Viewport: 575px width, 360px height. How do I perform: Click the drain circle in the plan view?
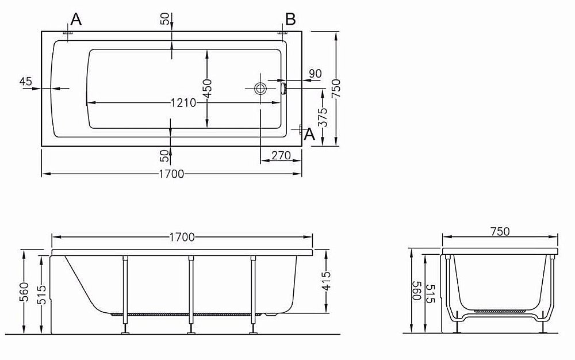click(x=260, y=89)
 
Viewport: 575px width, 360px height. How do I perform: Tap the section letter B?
click(x=290, y=19)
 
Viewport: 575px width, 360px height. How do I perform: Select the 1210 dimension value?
click(x=183, y=102)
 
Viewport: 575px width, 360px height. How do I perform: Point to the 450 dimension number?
click(x=207, y=88)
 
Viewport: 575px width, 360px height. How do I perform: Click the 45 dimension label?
click(x=26, y=81)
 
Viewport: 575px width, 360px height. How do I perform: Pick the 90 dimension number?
click(x=315, y=73)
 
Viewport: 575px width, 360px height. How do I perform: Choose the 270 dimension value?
click(x=281, y=156)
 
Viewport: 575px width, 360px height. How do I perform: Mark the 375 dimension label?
click(x=323, y=117)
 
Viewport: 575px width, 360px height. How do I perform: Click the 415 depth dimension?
click(x=326, y=281)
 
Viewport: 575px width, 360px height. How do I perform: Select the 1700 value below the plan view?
click(x=171, y=174)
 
